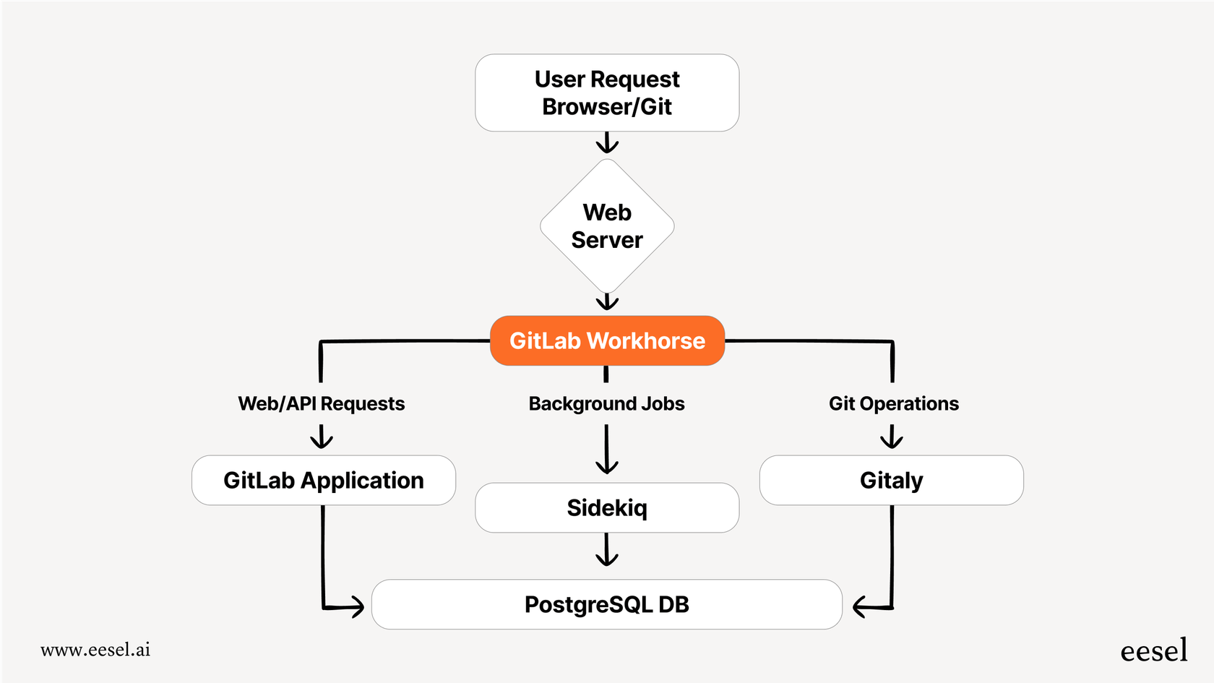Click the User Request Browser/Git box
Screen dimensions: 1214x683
click(x=607, y=93)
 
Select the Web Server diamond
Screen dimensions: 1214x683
click(x=607, y=226)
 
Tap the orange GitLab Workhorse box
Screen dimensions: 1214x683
click(x=607, y=340)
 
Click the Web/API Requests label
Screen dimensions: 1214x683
click(x=322, y=403)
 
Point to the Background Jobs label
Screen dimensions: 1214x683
click(x=606, y=403)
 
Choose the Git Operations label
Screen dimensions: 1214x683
click(x=893, y=403)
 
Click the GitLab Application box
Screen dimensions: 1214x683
click(x=323, y=480)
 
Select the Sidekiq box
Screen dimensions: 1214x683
click(x=607, y=507)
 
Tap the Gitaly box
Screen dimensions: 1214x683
click(x=891, y=480)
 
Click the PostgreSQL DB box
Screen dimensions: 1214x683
click(x=607, y=604)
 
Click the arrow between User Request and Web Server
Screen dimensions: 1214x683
click(x=607, y=143)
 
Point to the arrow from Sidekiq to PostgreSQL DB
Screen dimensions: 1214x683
click(x=607, y=551)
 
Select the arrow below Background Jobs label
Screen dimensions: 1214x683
click(x=606, y=450)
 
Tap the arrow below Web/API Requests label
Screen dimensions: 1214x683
click(x=322, y=437)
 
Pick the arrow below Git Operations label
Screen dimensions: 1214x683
click(x=892, y=437)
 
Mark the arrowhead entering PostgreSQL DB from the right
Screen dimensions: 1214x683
click(x=861, y=606)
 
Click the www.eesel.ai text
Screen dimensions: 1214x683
click(x=95, y=650)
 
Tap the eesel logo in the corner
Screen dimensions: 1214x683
click(x=1153, y=650)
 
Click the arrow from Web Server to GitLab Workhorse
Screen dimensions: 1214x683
click(x=607, y=301)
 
